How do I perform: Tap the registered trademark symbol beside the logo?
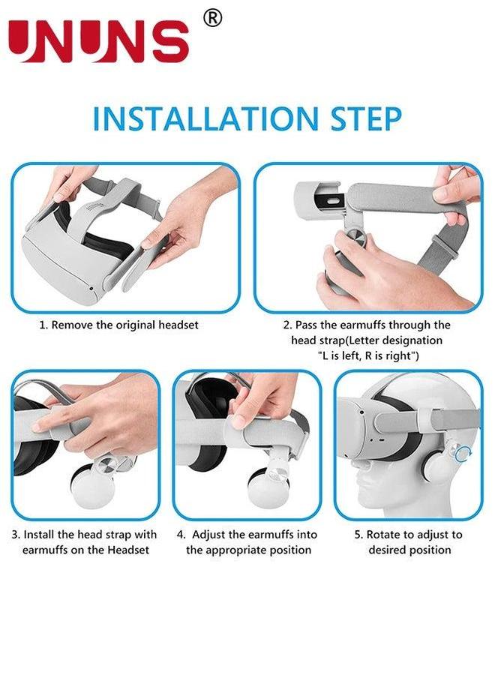click(x=213, y=18)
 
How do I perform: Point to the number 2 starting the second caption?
click(x=286, y=325)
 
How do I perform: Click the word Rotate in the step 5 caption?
click(x=382, y=535)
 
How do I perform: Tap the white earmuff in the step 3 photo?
click(x=94, y=484)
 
